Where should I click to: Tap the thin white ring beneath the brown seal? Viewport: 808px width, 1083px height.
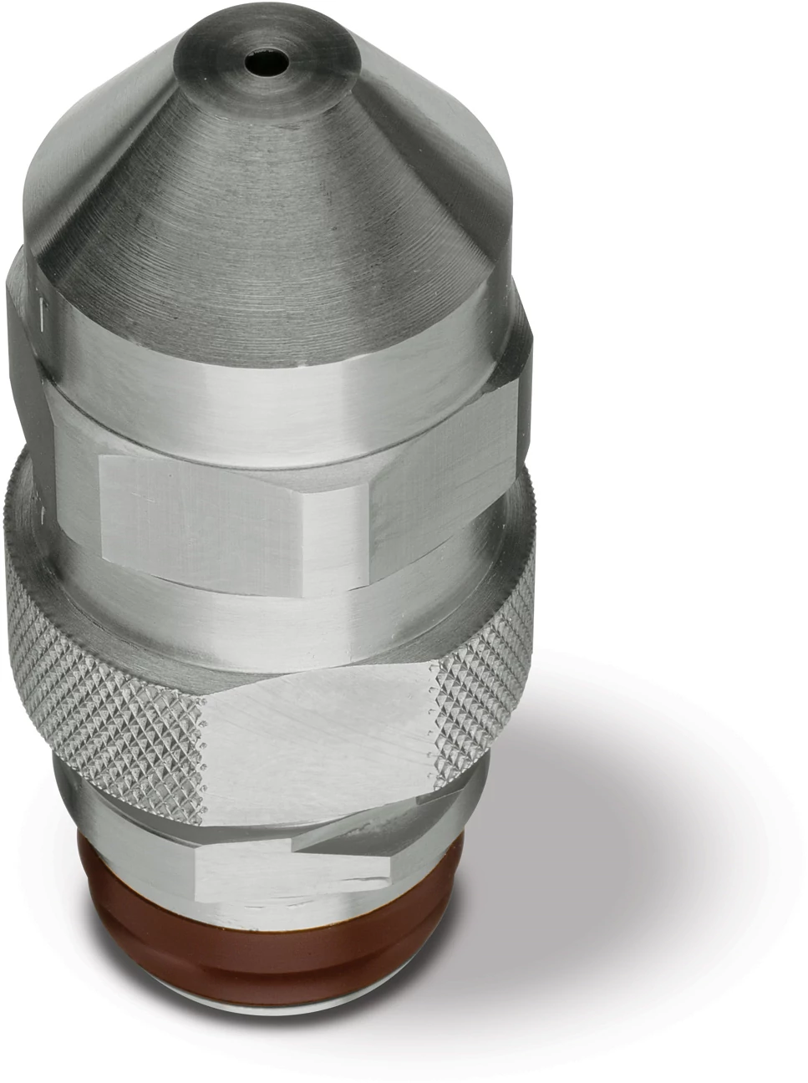[x=276, y=1049]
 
